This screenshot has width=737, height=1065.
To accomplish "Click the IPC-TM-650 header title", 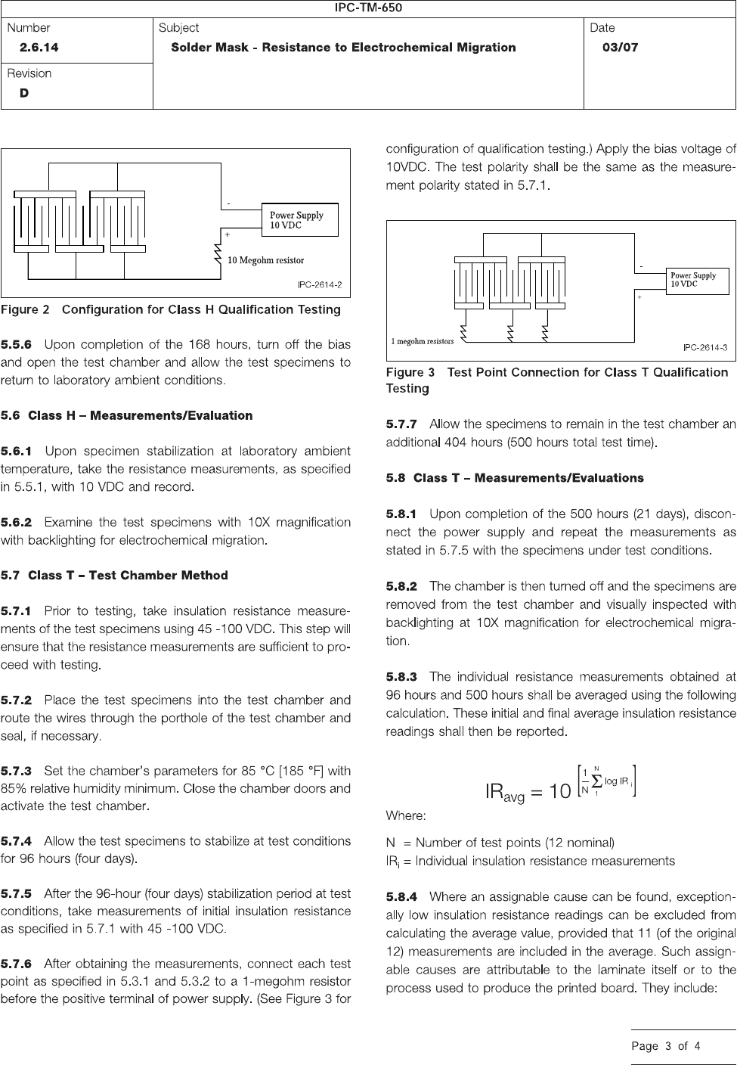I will (368, 8).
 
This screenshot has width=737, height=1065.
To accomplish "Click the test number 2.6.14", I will (39, 47).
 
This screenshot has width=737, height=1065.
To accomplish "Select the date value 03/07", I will (620, 47).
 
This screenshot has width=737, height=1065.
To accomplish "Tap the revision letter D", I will (24, 93).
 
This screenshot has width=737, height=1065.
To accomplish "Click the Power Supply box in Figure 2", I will (299, 220).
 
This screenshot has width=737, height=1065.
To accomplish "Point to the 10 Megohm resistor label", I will (266, 260).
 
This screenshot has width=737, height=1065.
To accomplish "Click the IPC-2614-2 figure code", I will (318, 285).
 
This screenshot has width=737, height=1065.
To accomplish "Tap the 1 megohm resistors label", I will (423, 341).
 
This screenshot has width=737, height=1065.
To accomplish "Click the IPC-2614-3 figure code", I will (704, 348).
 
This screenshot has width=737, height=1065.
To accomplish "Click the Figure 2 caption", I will (171, 309).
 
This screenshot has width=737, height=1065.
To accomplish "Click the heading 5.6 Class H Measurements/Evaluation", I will (127, 415).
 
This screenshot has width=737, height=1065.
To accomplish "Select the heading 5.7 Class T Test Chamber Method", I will (114, 575).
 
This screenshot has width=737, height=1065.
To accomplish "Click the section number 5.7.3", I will (17, 771).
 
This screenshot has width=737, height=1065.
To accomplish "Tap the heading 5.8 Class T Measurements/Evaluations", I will (515, 478).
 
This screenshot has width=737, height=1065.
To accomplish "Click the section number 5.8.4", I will (401, 897).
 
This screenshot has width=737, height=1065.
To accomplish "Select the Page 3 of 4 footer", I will (666, 1047).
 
